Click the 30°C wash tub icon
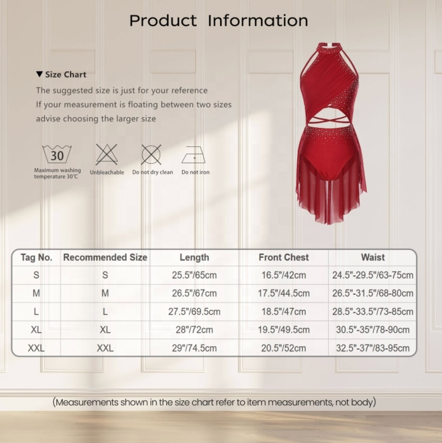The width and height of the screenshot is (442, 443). [x=57, y=154]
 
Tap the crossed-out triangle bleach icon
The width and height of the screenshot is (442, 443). [x=107, y=155]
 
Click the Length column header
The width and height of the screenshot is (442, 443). [x=194, y=257]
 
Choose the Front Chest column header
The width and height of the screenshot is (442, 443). [x=284, y=257]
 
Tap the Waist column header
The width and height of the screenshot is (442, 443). [x=373, y=257]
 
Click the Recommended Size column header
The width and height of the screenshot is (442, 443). [x=105, y=257]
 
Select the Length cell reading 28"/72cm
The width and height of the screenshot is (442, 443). [x=194, y=330]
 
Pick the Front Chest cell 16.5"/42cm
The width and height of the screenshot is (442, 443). [x=284, y=275]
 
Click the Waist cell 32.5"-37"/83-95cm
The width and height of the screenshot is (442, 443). [x=373, y=348]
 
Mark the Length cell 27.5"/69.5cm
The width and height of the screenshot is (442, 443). [x=194, y=312]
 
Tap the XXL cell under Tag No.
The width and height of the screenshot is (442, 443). [x=36, y=348]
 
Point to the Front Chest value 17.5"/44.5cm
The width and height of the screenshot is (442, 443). [x=284, y=293]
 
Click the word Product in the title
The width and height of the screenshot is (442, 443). [x=163, y=21]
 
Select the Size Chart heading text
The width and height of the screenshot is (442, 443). [x=66, y=75]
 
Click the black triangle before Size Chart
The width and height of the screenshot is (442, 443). [x=39, y=74]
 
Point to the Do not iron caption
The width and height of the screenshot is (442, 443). [x=196, y=172]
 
